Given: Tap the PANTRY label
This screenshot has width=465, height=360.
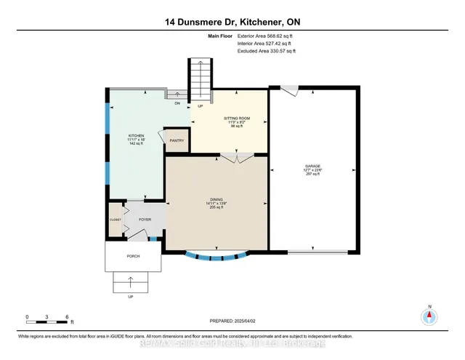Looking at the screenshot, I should pyautogui.click(x=177, y=140).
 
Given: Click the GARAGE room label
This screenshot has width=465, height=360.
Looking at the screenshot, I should pyautogui.click(x=313, y=166).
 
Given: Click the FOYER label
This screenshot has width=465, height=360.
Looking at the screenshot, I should pyautogui.click(x=145, y=217).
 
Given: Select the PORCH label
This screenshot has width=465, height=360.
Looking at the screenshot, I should pyautogui.click(x=132, y=256).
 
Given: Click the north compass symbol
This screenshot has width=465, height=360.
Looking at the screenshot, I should pyautogui.click(x=429, y=316).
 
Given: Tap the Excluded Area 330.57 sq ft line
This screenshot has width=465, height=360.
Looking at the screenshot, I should pyautogui.click(x=267, y=52).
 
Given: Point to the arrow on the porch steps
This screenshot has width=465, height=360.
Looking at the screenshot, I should pyautogui.click(x=132, y=281).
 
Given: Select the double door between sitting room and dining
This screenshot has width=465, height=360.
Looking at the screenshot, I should pyautogui.click(x=230, y=157).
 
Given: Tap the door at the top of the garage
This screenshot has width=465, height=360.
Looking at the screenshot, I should pyautogui.click(x=290, y=90).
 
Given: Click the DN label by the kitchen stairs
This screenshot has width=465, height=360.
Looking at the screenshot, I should pyautogui.click(x=177, y=103).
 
